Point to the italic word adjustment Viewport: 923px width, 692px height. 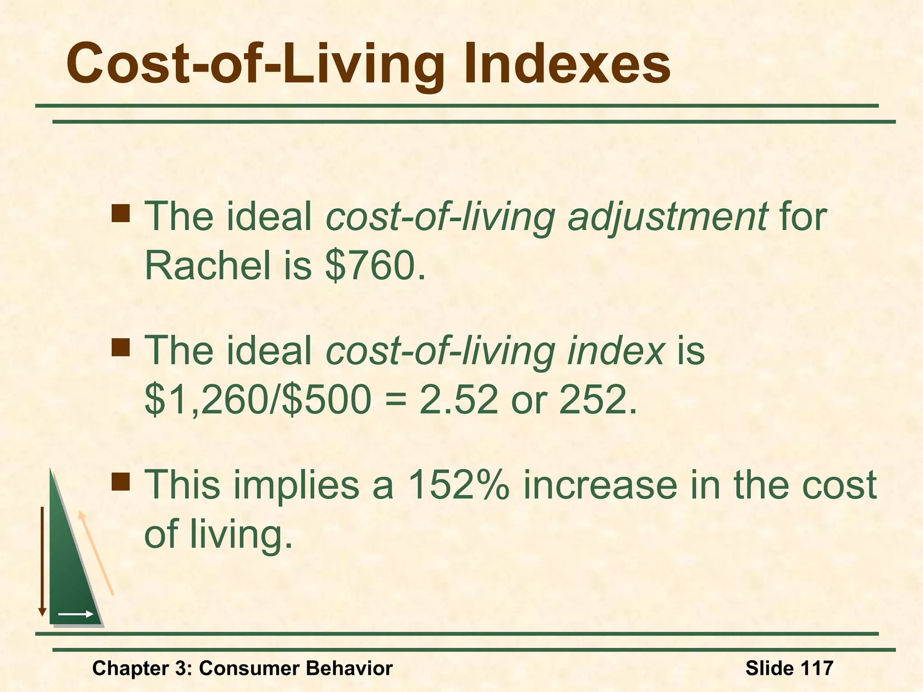(667, 217)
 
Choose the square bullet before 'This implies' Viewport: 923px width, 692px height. (121, 481)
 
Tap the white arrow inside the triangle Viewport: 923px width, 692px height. (76, 614)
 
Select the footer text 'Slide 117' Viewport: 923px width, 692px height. (789, 668)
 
